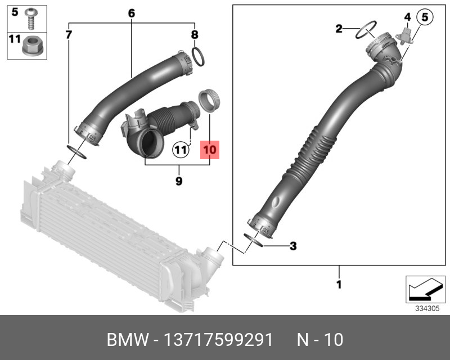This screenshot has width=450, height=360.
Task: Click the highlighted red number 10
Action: pyautogui.click(x=209, y=150)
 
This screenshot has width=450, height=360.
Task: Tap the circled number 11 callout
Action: pyautogui.click(x=181, y=150)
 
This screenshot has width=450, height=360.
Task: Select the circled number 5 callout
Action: pyautogui.click(x=425, y=17)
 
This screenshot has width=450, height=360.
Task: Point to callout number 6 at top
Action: pyautogui.click(x=132, y=13)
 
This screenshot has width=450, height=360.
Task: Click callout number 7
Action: pyautogui.click(x=69, y=35)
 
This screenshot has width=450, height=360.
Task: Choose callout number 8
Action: pyautogui.click(x=195, y=35)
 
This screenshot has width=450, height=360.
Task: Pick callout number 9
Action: pyautogui.click(x=179, y=181)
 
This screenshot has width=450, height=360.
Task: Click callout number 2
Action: pyautogui.click(x=339, y=29)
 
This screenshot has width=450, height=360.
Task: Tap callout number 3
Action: pyautogui.click(x=293, y=246)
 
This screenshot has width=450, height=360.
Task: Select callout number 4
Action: pyautogui.click(x=407, y=17)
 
